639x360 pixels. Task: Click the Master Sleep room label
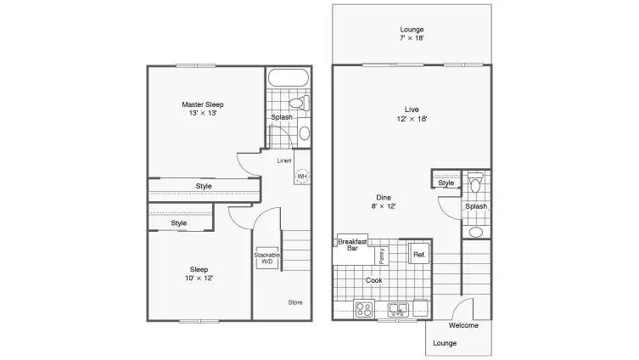(x=203, y=104)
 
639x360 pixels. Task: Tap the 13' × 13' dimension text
(x=203, y=113)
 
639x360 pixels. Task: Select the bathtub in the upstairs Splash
(x=289, y=77)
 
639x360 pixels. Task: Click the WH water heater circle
(x=302, y=176)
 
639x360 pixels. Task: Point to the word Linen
(x=284, y=160)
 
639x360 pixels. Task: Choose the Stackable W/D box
(x=267, y=257)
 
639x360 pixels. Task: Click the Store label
(x=295, y=302)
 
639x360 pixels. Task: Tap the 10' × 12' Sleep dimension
(x=199, y=278)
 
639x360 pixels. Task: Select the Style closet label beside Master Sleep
(x=204, y=186)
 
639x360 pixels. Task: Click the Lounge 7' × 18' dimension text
(x=412, y=38)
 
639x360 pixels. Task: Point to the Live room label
(x=412, y=110)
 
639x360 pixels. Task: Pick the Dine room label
(x=384, y=197)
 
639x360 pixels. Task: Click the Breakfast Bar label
(x=352, y=245)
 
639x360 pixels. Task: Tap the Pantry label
(x=382, y=256)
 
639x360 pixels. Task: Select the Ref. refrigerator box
(x=419, y=255)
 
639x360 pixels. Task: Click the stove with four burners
(x=364, y=308)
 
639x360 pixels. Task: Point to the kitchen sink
(x=398, y=309)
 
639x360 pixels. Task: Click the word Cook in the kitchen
(x=373, y=280)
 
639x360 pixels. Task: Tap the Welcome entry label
(x=463, y=325)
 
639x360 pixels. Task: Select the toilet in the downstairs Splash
(x=475, y=182)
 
